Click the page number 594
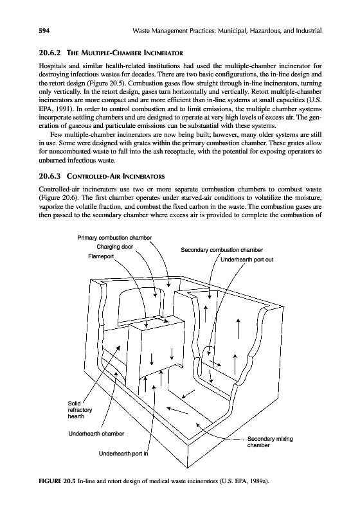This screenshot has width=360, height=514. click(x=44, y=31)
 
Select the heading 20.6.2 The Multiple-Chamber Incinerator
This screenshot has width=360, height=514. click(x=111, y=53)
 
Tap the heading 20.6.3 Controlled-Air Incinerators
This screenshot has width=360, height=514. click(x=102, y=176)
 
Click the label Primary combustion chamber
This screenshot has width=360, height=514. click(x=114, y=238)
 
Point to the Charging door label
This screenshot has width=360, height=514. click(x=115, y=247)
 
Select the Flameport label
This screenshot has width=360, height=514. click(x=101, y=256)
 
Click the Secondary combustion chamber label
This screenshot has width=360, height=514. click(x=222, y=250)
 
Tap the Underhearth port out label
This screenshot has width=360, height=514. click(x=247, y=260)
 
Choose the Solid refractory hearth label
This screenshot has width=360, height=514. click(x=80, y=410)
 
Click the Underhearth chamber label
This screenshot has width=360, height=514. click(x=96, y=434)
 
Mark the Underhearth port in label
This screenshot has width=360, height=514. click(x=123, y=454)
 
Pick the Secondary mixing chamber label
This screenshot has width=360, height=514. click(x=270, y=442)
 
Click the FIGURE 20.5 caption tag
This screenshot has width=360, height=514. click(x=57, y=481)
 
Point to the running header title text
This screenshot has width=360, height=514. click(x=227, y=31)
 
